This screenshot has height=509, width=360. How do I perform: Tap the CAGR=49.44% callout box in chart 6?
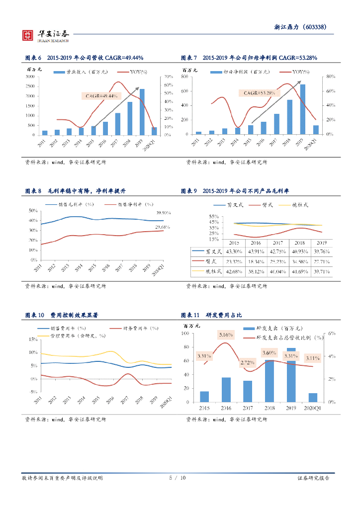(x=101, y=95)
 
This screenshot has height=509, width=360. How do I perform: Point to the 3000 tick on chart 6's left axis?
(x=29, y=77)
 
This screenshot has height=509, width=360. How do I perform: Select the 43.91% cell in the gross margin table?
(x=256, y=252)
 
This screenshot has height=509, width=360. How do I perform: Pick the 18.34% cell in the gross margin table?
(x=256, y=261)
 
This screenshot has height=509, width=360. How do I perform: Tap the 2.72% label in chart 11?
(x=247, y=363)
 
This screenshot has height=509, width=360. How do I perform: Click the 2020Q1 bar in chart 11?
(x=313, y=397)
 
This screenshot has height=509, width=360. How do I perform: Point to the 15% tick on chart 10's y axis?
(x=33, y=339)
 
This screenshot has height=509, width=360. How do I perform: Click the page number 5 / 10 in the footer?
(x=178, y=478)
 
